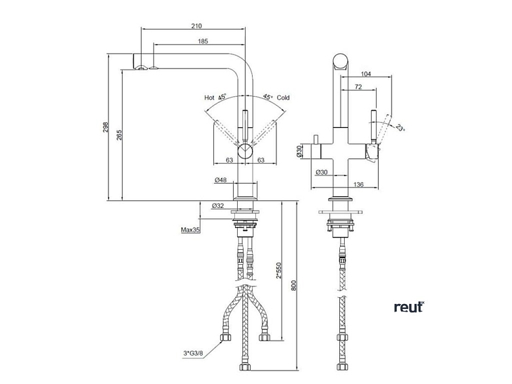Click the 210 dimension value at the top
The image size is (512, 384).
click(x=196, y=26)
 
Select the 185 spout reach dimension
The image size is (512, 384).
click(x=202, y=42)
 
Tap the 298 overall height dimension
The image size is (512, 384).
click(x=106, y=128)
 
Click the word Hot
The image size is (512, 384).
click(x=209, y=98)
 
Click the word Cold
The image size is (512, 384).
click(x=283, y=98)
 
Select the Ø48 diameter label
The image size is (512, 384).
click(x=219, y=180)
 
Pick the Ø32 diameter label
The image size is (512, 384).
click(x=218, y=205)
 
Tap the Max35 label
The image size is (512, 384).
click(x=190, y=230)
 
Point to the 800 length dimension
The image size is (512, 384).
click(x=294, y=286)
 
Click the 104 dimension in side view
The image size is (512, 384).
click(x=366, y=73)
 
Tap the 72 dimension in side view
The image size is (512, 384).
click(x=358, y=87)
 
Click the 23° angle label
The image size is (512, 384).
click(x=400, y=127)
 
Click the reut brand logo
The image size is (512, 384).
click(x=408, y=307)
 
